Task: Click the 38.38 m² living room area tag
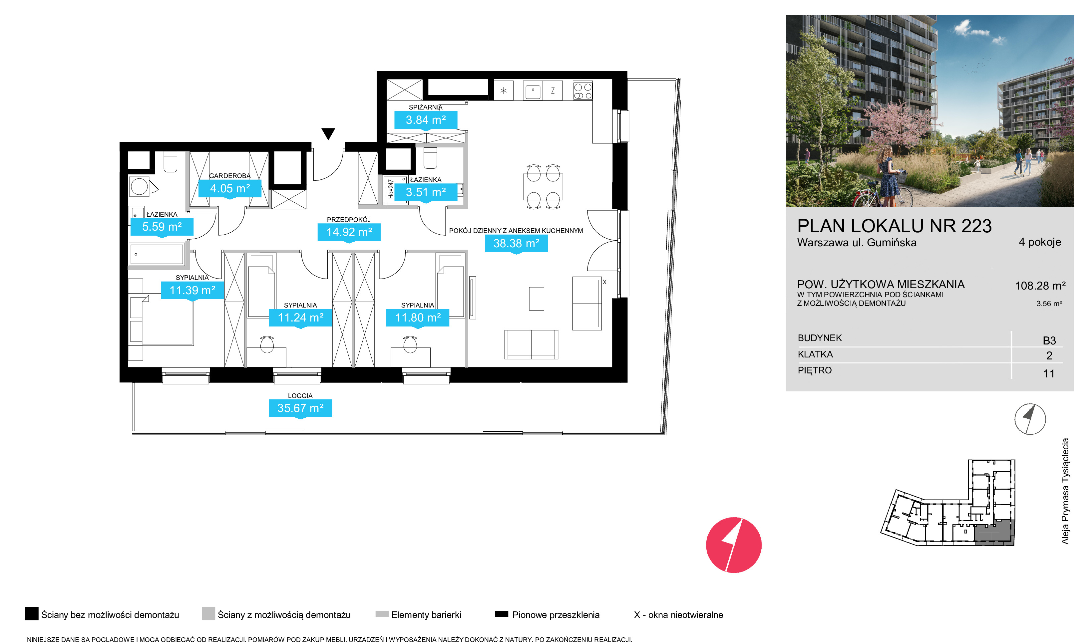[x=516, y=244]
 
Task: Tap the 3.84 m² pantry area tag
[x=425, y=120]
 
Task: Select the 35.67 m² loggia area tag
[x=300, y=408]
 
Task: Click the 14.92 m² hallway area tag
[x=349, y=232]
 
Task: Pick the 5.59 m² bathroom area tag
[x=162, y=227]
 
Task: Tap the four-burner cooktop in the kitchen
[x=582, y=91]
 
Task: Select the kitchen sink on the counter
[x=533, y=91]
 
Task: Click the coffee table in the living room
[x=536, y=299]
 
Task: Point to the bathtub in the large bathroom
[x=157, y=254]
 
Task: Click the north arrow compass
[x=1030, y=419]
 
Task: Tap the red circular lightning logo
[x=734, y=545]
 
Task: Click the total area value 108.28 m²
[x=1040, y=286]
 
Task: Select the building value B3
[x=1049, y=340]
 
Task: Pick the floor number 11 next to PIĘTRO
[x=1049, y=373]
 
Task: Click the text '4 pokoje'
[x=1040, y=242]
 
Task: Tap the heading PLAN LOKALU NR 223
[x=894, y=226]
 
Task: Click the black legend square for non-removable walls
[x=32, y=613]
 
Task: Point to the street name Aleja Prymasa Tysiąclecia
[x=1065, y=491]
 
